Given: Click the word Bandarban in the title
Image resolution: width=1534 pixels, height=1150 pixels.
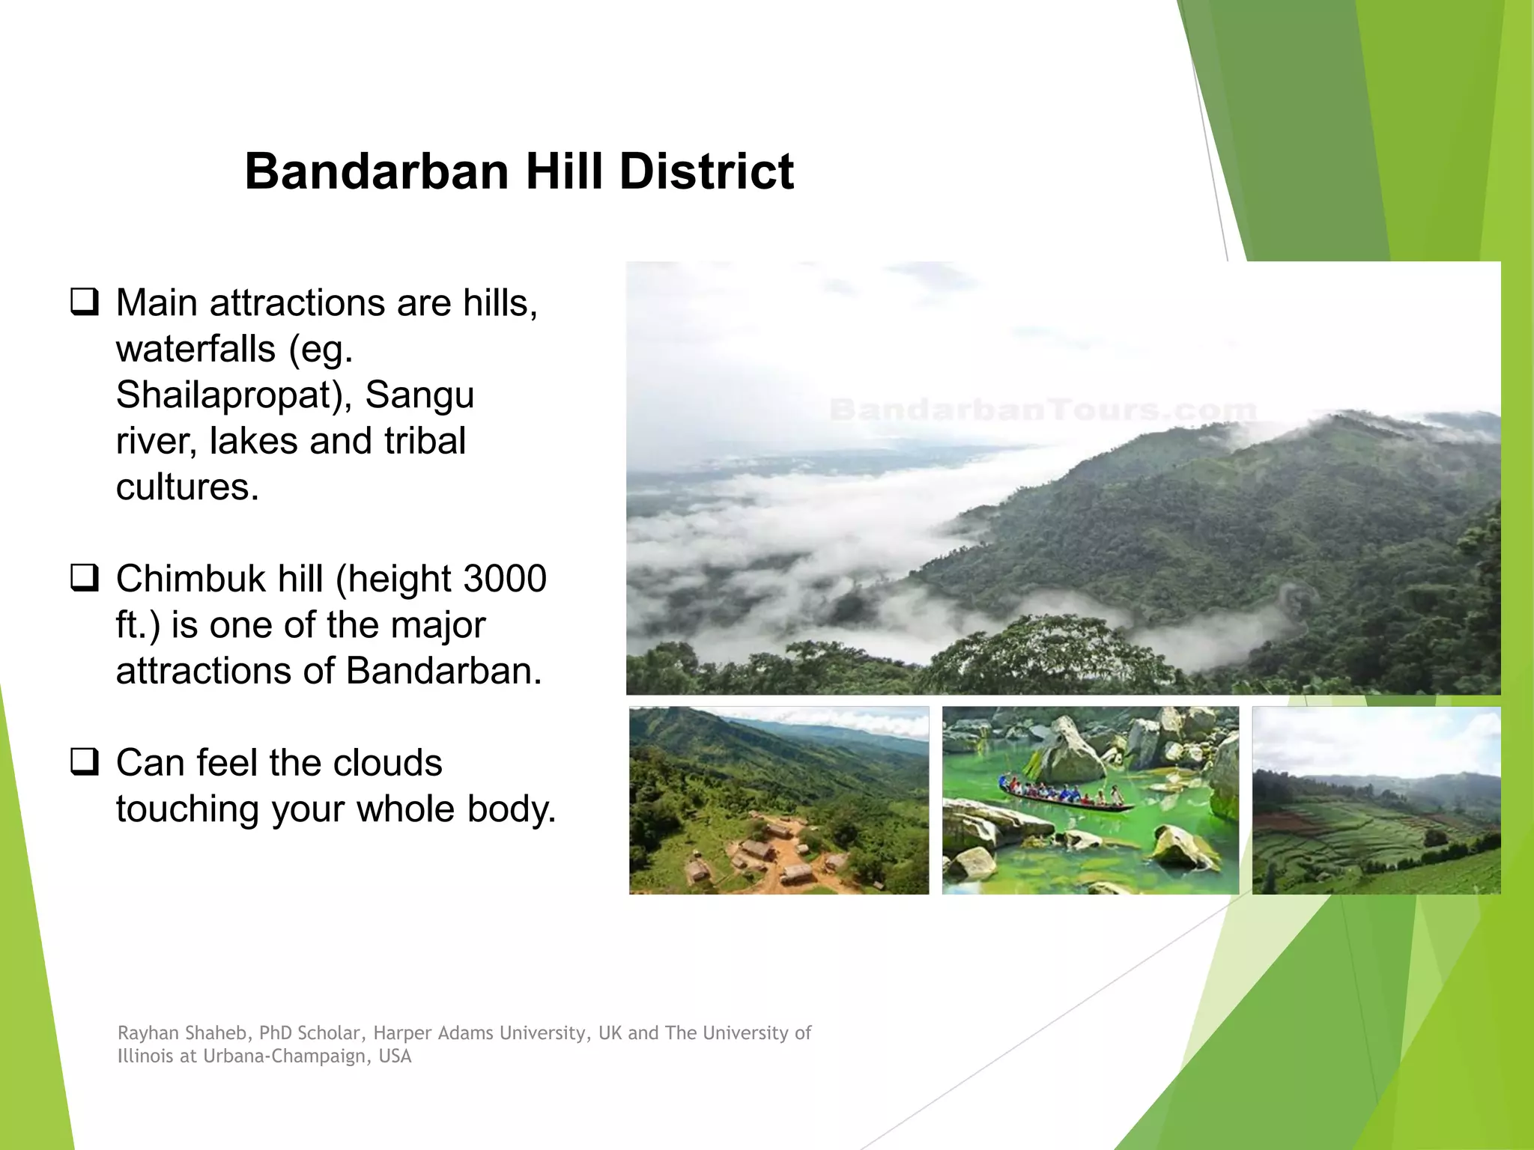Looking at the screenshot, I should pos(378,171).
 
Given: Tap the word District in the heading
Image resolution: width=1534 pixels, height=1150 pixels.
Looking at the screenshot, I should pos(706,171).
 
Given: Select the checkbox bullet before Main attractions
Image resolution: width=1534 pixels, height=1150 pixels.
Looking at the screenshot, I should pos(84,302).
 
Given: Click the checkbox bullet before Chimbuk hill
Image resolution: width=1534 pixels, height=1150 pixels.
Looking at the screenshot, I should pos(84,579).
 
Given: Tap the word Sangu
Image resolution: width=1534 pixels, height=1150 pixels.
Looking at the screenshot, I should pos(419,395).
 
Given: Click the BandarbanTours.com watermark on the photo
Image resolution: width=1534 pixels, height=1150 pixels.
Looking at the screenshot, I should pos(1043,410).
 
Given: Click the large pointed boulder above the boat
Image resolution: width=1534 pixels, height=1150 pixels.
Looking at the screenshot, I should pos(1067,749).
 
